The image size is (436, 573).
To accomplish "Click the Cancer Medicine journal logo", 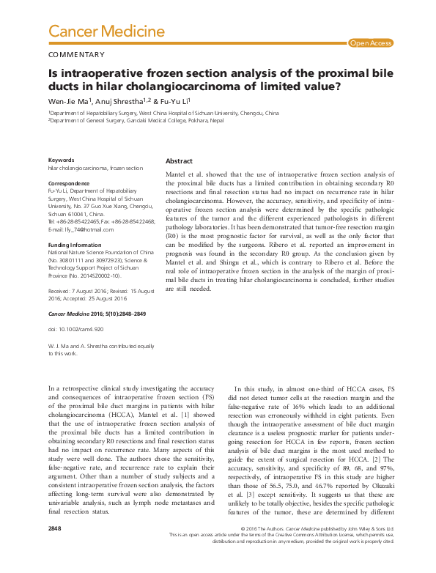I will click(106, 32).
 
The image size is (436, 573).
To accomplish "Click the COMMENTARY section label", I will click(75, 55).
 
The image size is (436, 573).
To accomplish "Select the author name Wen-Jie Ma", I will click(70, 101).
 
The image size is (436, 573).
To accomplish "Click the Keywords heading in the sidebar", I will click(61, 160).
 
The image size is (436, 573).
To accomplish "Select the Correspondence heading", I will click(69, 182).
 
